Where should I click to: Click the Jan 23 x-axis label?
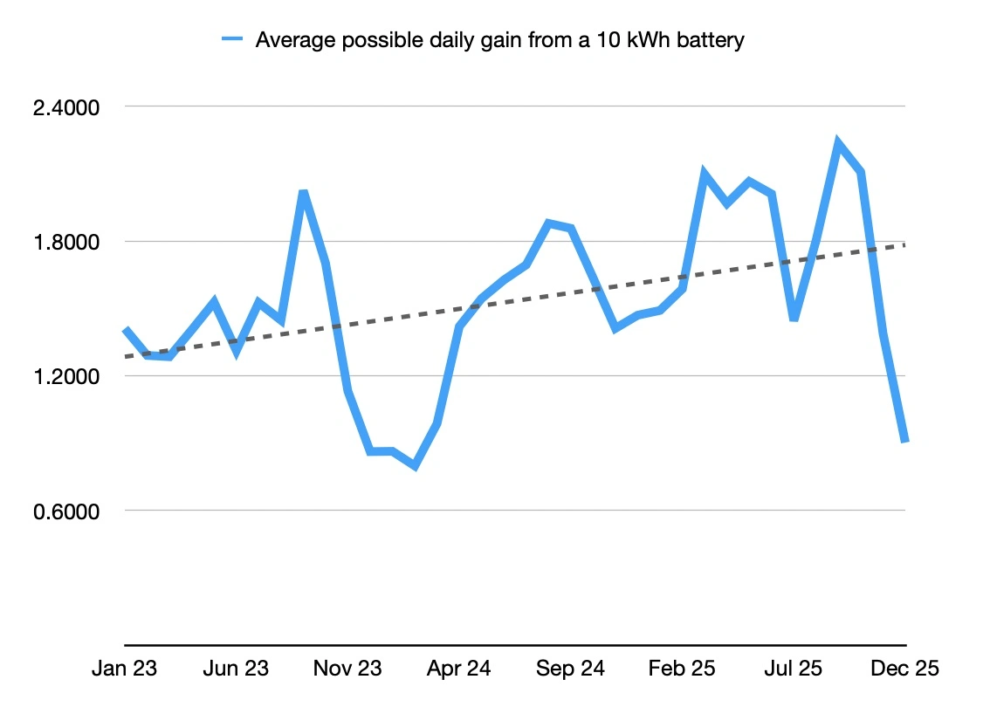125,669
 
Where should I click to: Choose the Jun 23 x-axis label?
236,669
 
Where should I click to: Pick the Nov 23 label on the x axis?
347,669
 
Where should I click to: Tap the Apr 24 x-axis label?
458,669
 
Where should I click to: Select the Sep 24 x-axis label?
570,669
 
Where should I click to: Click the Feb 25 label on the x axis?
682,669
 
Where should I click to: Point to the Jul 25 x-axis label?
793,669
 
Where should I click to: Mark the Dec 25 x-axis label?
904,669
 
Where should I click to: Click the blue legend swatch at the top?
232,39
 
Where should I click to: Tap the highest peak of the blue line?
838,142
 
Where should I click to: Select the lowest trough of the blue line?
415,466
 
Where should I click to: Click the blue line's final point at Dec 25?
905,441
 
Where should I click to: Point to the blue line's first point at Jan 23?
126,330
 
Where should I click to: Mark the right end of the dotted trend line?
905,244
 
